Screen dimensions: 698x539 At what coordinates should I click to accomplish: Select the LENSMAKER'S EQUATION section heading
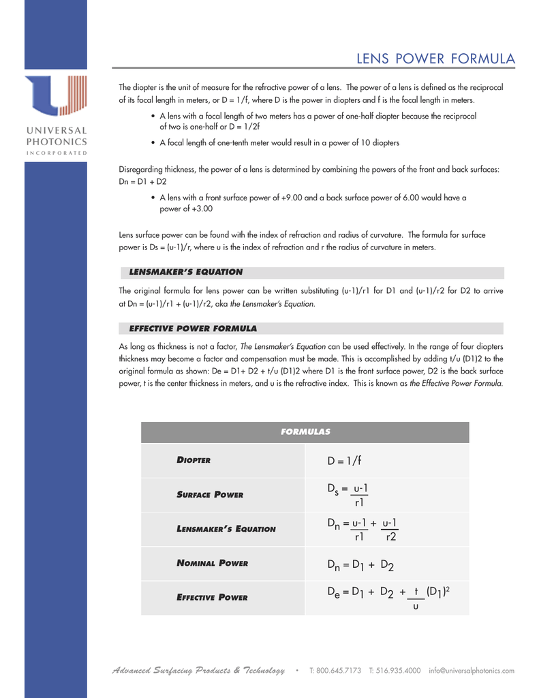[185, 272]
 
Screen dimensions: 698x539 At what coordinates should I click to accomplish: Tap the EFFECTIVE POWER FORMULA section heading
[193, 328]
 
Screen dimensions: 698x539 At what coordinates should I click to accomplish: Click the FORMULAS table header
[305, 431]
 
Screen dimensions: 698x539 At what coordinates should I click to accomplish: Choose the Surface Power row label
[210, 494]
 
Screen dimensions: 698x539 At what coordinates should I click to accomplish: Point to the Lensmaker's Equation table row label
[226, 528]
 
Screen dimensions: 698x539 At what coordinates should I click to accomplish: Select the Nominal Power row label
[212, 563]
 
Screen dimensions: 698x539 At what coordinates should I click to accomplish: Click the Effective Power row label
[212, 598]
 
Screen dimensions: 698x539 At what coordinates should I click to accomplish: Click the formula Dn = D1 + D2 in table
[360, 564]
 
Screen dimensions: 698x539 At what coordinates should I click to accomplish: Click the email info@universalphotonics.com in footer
[472, 671]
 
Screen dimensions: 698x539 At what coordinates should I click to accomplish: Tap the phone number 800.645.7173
[336, 671]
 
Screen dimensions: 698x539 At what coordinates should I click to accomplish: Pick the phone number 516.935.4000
[395, 671]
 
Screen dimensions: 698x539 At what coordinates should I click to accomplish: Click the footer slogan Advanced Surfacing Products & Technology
[198, 671]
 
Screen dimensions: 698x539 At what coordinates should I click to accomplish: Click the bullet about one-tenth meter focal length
[279, 143]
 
